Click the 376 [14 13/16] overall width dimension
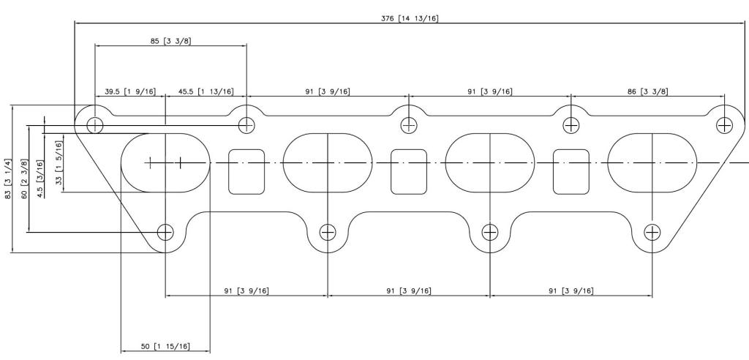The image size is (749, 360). point(410,18)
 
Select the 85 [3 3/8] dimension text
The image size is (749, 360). point(171,41)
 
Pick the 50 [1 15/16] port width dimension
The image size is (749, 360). point(165,346)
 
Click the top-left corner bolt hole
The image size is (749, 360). point(94,125)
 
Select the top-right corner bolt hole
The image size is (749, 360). point(724,125)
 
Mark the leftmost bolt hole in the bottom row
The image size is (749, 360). point(165,233)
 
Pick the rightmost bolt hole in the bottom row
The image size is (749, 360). point(652,233)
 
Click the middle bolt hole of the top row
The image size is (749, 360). point(409,125)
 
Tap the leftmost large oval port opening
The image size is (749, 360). point(165,162)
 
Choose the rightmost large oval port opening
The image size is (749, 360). point(652,162)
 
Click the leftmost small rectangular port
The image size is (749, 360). point(246,171)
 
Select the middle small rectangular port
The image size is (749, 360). point(408,171)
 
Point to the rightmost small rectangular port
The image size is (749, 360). point(571,171)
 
